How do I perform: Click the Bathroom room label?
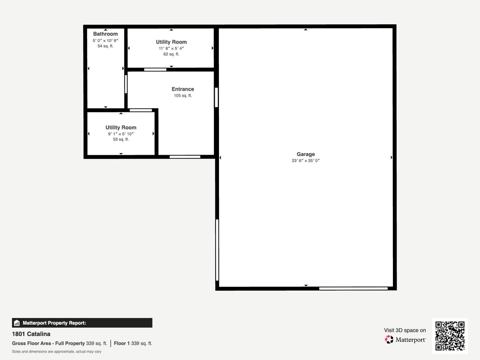(105, 34)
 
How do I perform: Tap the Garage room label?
(306, 154)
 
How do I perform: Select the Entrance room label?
(183, 89)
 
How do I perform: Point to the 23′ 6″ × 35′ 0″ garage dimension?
(306, 161)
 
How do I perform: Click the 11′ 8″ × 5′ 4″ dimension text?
(171, 48)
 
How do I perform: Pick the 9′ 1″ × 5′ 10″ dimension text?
(121, 134)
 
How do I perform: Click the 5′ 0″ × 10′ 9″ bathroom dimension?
(105, 40)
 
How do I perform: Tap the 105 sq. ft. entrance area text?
(183, 96)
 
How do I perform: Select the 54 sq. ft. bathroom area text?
(105, 46)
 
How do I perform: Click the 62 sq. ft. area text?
(171, 54)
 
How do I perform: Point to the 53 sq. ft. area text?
(121, 139)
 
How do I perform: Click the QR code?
(450, 336)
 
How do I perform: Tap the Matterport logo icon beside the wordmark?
(389, 339)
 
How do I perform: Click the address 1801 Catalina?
(31, 334)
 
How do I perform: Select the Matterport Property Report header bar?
(82, 323)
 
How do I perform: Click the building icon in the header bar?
(17, 323)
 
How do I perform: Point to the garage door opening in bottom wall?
(353, 289)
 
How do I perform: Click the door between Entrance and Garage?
(216, 97)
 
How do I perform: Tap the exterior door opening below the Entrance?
(185, 157)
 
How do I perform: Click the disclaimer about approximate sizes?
(56, 352)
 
